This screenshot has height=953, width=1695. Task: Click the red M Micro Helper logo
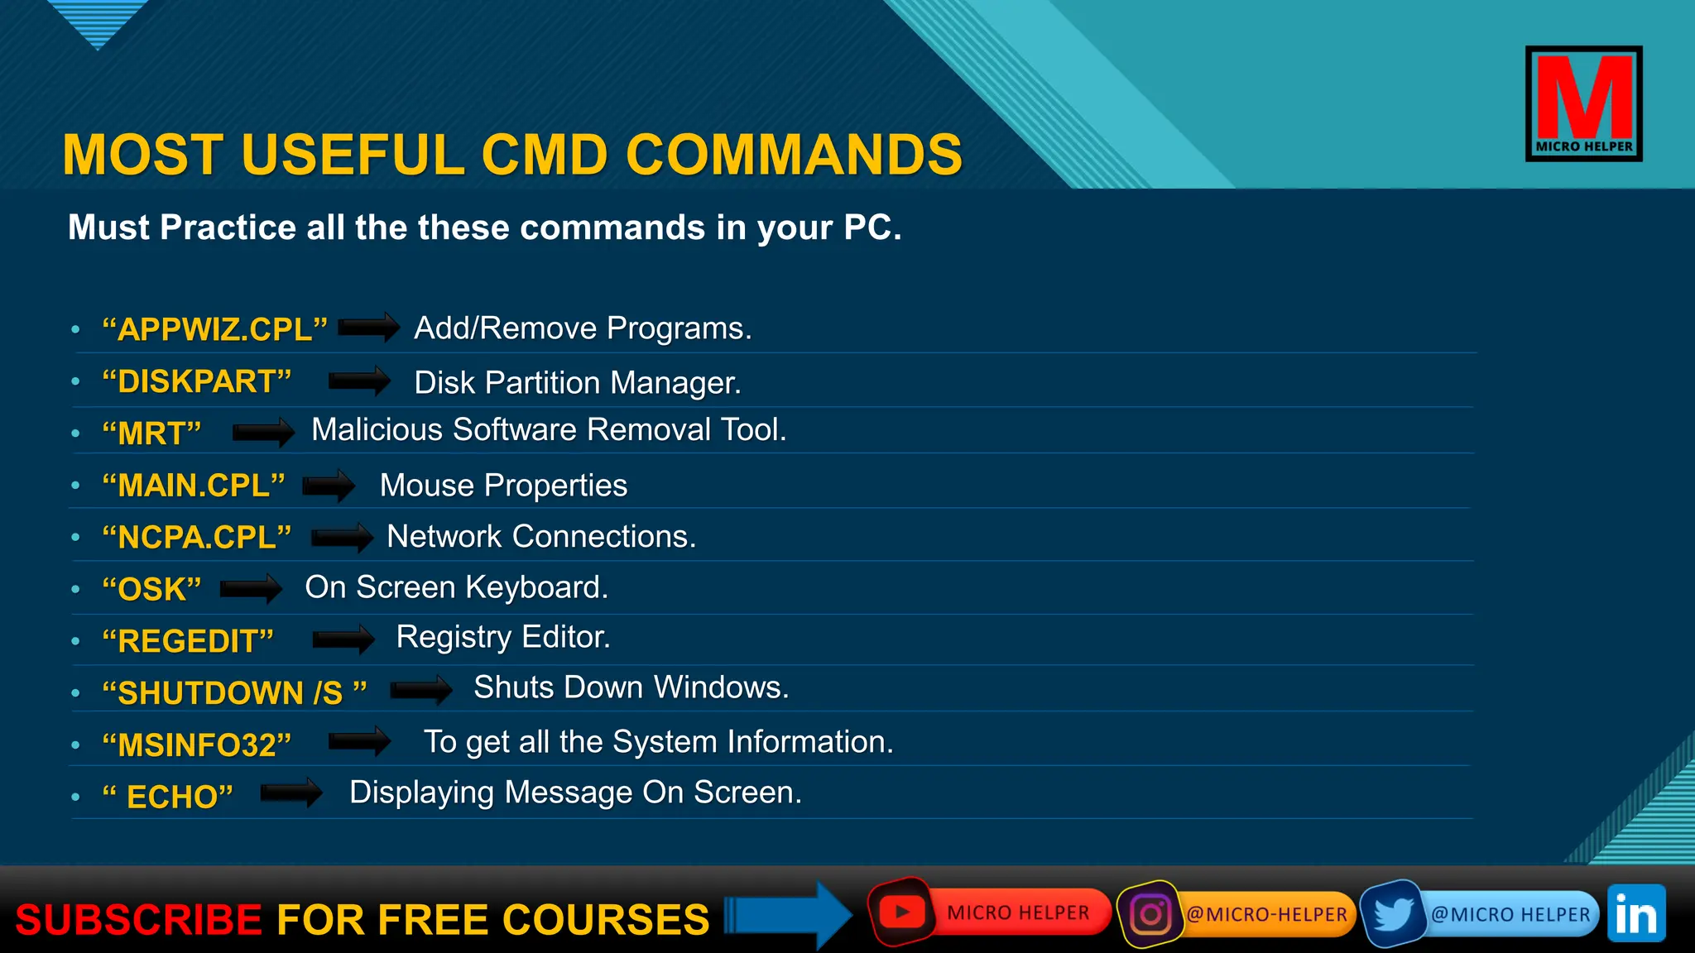click(x=1583, y=103)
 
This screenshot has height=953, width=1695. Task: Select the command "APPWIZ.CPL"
click(x=214, y=329)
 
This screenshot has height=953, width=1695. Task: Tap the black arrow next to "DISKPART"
click(x=359, y=381)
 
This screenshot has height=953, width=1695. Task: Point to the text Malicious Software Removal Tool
click(x=549, y=430)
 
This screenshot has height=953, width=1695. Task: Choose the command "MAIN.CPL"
click(x=194, y=486)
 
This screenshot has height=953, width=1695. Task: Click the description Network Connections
click(x=541, y=537)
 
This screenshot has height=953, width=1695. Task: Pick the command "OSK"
click(x=151, y=589)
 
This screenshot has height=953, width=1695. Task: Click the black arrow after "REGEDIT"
click(x=343, y=639)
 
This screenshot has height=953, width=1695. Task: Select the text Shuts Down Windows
click(x=631, y=687)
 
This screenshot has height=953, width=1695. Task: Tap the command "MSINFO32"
click(x=196, y=745)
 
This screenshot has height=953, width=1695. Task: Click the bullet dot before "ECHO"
click(x=75, y=797)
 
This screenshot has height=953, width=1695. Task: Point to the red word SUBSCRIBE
click(x=139, y=920)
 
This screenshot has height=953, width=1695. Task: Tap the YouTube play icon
click(x=902, y=912)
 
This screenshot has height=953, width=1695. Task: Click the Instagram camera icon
click(x=1150, y=914)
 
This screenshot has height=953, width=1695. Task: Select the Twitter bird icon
click(x=1394, y=914)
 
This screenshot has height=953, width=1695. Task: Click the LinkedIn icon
click(x=1636, y=914)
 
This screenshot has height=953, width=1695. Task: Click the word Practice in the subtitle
click(x=228, y=227)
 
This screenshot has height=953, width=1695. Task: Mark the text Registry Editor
click(x=503, y=637)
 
